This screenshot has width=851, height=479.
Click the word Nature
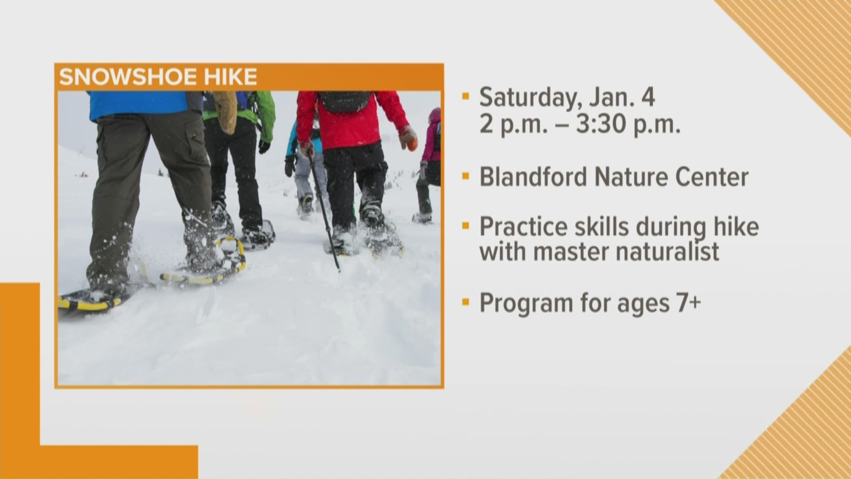[x=634, y=177]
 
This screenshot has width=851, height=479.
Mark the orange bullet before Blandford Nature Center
[x=465, y=177]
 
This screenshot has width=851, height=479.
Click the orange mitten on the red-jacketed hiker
[x=408, y=138]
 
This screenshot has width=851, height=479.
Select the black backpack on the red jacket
[x=345, y=102]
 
